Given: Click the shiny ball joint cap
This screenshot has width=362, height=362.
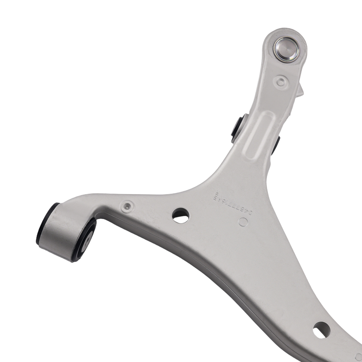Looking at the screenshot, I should coord(285,50).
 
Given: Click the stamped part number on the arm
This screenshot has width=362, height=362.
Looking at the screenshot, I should coord(232,205).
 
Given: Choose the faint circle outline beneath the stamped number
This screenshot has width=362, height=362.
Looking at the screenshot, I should coord(243,222).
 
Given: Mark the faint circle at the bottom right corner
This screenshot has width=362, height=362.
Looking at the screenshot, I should coord(358,357).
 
